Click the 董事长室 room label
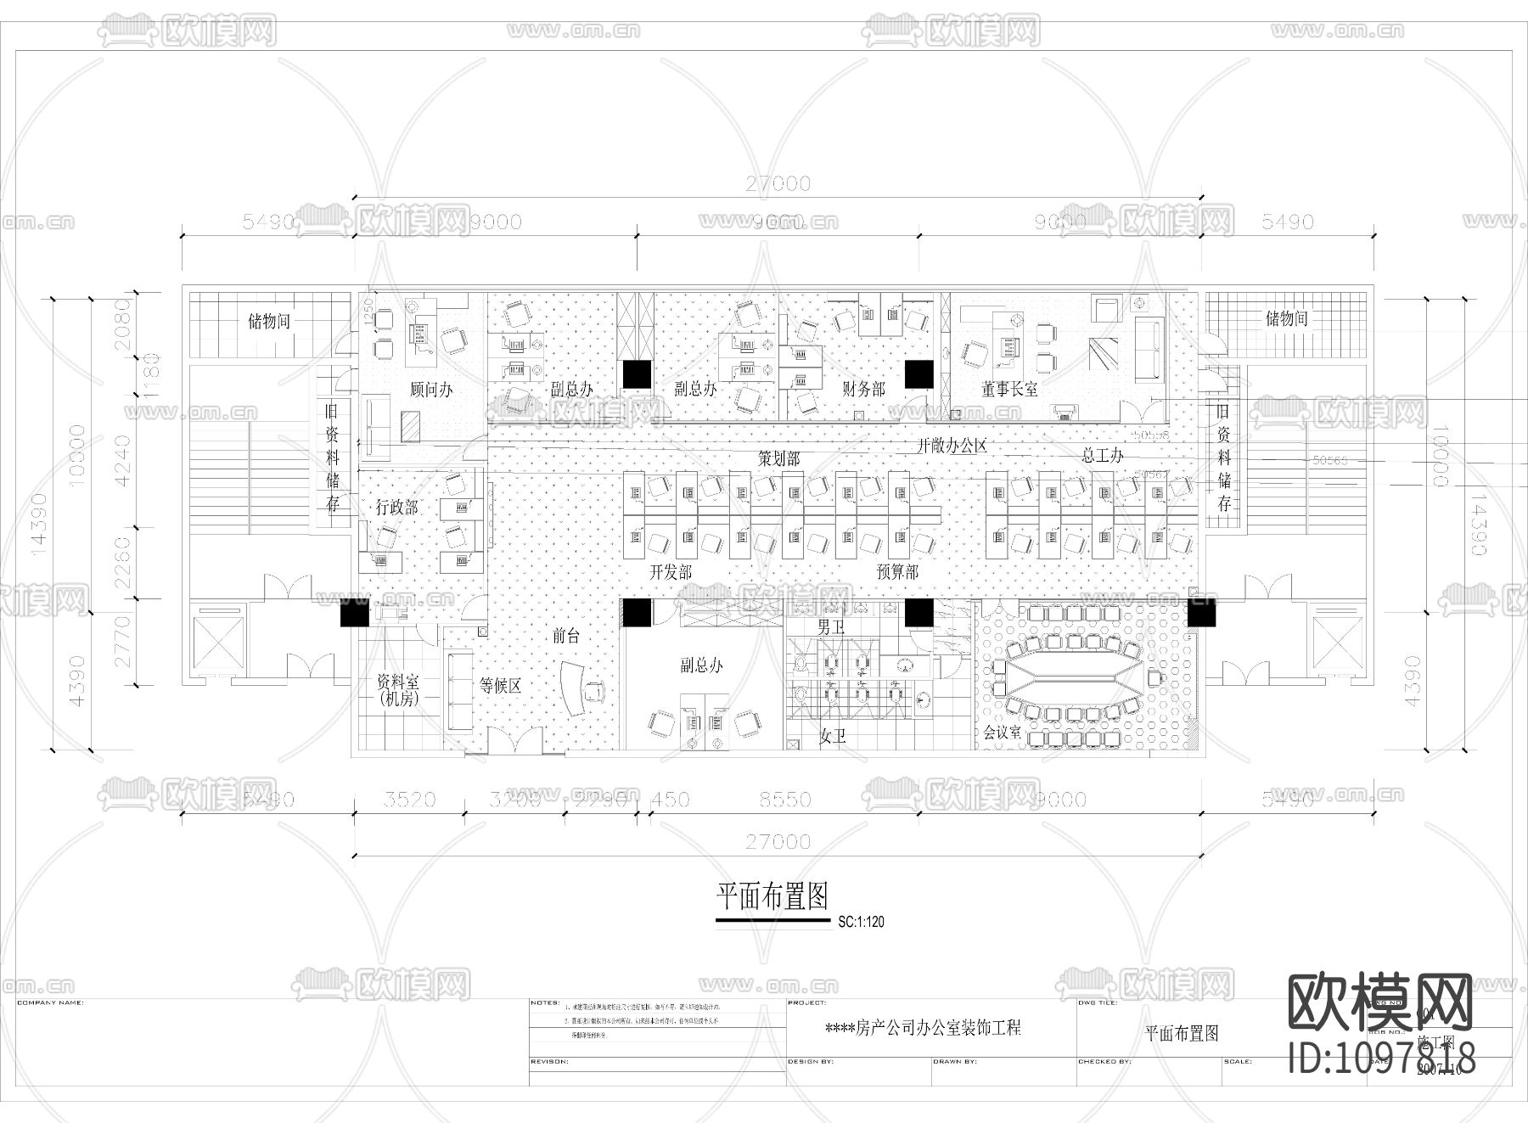(1009, 390)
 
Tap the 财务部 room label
(863, 390)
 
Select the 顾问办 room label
(430, 390)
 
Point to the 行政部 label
(396, 508)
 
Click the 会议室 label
(1002, 732)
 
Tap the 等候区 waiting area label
(499, 686)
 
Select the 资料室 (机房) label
(397, 690)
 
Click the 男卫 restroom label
(831, 627)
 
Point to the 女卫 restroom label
(832, 736)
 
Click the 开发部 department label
(671, 572)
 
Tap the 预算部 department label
(897, 572)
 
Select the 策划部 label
(778, 459)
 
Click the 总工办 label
(1102, 456)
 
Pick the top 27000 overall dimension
(778, 183)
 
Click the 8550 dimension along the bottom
(784, 800)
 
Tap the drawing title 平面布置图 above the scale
(772, 896)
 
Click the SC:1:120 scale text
(861, 922)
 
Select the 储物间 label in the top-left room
(268, 322)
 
